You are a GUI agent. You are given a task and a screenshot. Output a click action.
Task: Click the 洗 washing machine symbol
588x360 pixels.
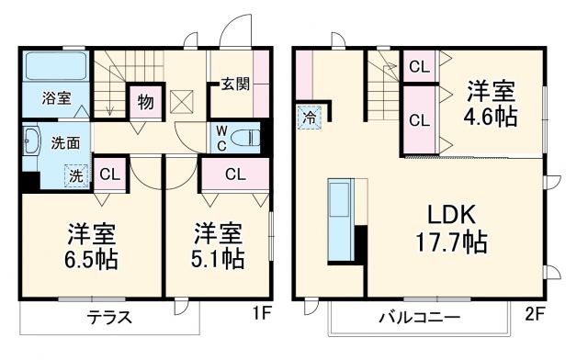point(76,175)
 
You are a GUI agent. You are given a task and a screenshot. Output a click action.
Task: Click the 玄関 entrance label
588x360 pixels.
point(235,84)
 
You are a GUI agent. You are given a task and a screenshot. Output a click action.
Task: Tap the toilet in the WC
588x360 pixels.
point(245,138)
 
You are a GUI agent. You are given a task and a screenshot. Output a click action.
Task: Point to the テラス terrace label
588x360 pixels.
point(108,318)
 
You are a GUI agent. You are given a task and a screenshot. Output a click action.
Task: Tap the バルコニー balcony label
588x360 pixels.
point(419,318)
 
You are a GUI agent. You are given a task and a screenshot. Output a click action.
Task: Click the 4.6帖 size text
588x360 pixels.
point(491,116)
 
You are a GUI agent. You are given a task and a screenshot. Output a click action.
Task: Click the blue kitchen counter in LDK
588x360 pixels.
point(339,221)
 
